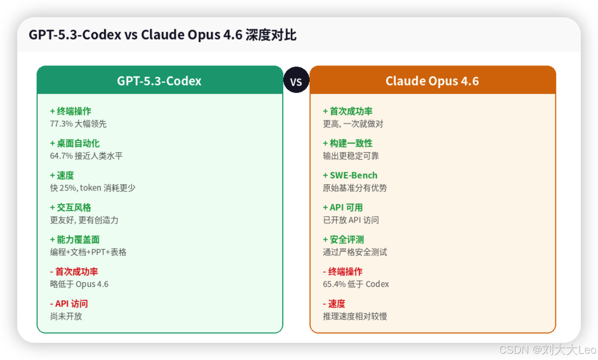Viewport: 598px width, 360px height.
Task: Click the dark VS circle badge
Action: point(296,80)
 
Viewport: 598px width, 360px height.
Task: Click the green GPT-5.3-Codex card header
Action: point(160,81)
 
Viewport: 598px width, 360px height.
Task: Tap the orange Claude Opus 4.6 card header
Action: point(432,81)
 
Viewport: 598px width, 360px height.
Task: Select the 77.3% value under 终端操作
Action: point(60,124)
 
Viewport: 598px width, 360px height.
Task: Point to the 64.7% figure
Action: point(60,156)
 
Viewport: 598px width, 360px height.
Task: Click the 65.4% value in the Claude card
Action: point(333,284)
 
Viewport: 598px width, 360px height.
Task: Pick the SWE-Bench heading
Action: point(353,175)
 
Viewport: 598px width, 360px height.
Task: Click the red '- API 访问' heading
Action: point(69,304)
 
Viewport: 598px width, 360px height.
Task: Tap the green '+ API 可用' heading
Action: point(342,207)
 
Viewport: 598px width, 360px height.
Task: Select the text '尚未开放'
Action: point(66,316)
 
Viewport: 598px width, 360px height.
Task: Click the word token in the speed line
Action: point(90,188)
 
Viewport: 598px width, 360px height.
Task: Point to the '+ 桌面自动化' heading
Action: point(75,143)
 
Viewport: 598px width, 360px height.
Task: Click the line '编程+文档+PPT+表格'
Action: point(88,252)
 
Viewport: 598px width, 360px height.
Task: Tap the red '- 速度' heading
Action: point(334,304)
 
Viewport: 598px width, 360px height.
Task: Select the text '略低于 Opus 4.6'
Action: point(79,284)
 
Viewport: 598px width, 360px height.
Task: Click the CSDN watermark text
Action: point(547,349)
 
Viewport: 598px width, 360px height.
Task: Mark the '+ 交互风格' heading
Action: point(70,207)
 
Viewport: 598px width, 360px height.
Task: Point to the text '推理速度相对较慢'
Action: point(354,316)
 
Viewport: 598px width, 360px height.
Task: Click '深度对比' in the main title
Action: point(271,35)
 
